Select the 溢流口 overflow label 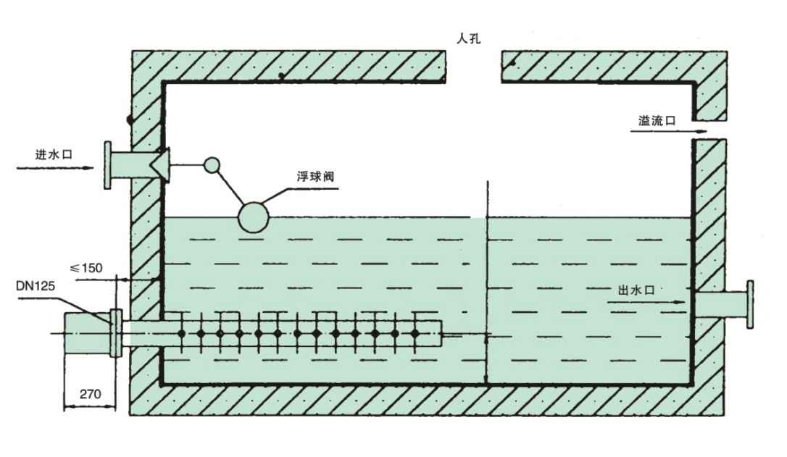(657, 121)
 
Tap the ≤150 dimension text (86, 267)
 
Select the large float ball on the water (254, 217)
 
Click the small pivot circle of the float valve (211, 165)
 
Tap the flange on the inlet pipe (108, 165)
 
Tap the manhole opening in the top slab (472, 65)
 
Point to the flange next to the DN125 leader (114, 333)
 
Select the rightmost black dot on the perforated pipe (415, 333)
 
